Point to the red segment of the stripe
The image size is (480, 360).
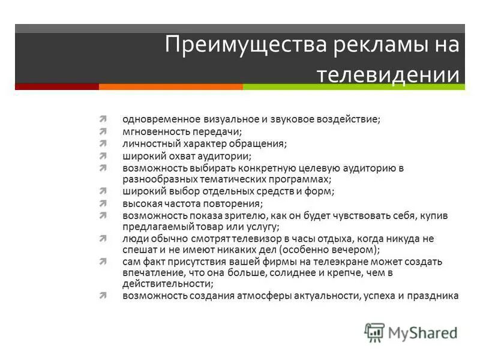coord(56,86)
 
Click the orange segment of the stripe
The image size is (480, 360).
coord(170,86)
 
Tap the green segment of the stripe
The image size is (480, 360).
coord(353,86)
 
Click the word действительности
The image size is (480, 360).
coord(165,284)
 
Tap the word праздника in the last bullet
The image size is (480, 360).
coord(436,296)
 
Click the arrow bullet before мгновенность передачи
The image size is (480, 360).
coord(104,131)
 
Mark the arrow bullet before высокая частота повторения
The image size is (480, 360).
coord(104,203)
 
